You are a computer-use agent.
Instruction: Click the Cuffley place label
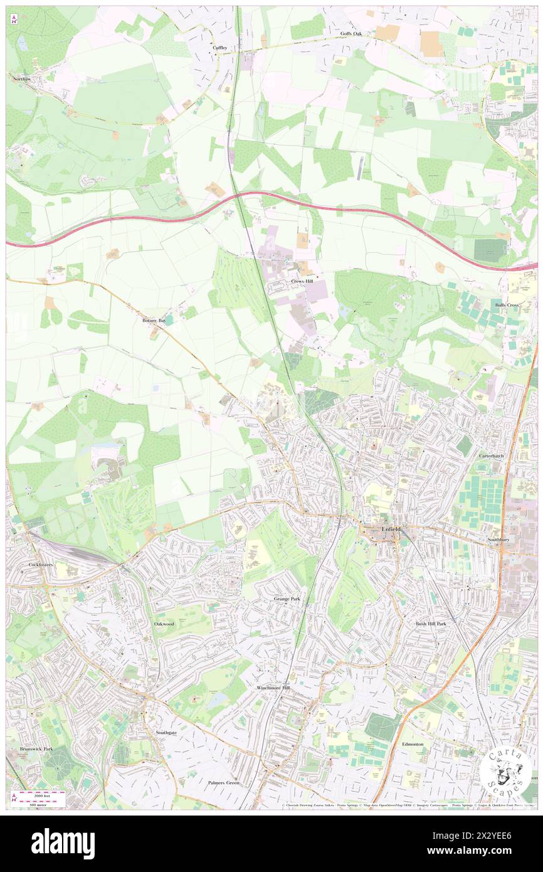click(219, 48)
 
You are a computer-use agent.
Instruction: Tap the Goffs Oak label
click(352, 33)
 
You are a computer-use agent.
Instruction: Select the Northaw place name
click(21, 79)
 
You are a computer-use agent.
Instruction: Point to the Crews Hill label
click(301, 282)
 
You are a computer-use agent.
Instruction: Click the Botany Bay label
click(153, 320)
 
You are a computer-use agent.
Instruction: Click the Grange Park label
click(287, 599)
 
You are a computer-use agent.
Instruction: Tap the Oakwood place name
click(164, 624)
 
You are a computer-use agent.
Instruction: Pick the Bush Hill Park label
click(431, 624)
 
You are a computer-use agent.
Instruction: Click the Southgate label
click(167, 733)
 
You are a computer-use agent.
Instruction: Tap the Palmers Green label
click(224, 783)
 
